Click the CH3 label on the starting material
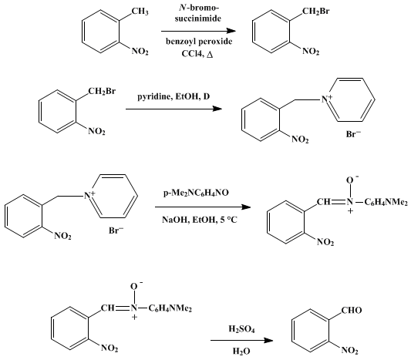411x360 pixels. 140,12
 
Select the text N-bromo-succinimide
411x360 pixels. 198,13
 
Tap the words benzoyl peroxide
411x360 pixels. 199,42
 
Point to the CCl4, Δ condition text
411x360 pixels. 197,54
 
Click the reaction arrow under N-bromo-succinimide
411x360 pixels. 198,31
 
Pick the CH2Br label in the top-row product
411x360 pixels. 315,12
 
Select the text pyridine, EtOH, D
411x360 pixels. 173,96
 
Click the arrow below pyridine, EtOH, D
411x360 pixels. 173,109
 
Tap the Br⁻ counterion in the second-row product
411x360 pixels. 353,134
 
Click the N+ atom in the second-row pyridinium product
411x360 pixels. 327,98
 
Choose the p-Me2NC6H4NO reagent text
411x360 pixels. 196,193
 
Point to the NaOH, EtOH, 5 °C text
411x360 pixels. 200,220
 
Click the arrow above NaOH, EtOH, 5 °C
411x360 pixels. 203,207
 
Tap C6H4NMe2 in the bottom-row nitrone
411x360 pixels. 170,308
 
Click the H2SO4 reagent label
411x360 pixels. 241,329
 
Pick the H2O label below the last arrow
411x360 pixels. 241,351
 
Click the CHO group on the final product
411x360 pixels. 352,310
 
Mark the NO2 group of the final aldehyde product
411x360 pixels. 349,350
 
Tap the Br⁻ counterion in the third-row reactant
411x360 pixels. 116,230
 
